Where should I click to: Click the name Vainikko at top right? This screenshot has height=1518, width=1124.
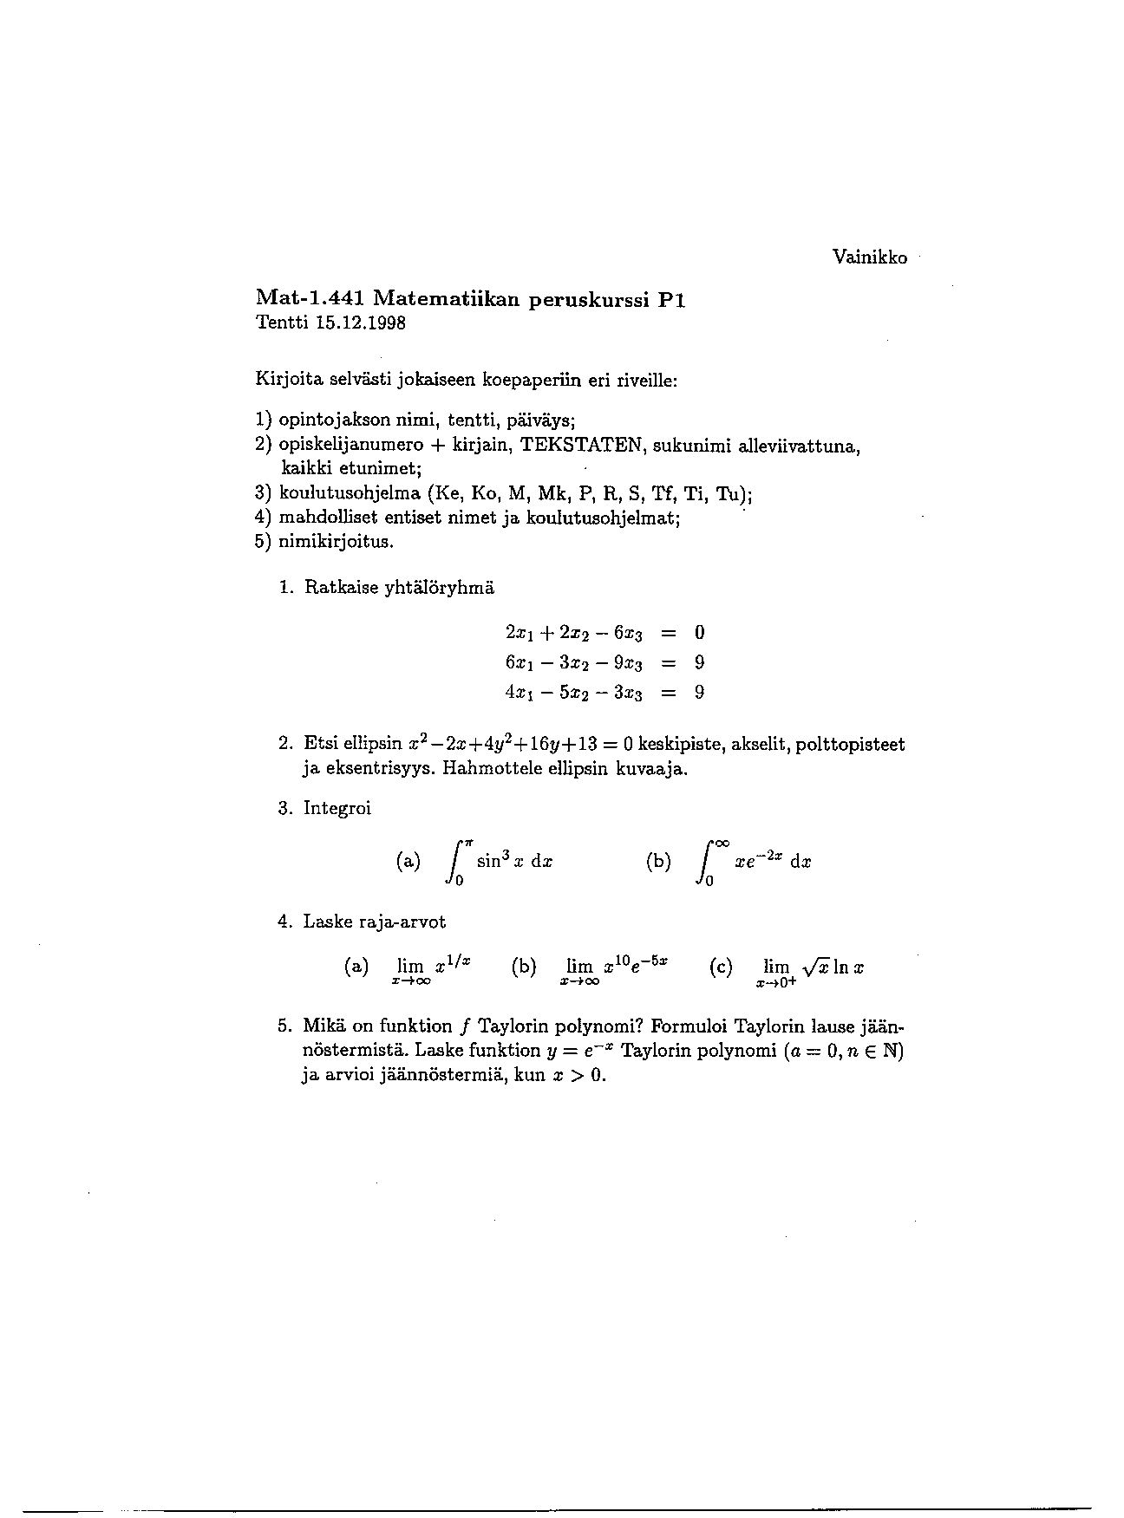pos(869,257)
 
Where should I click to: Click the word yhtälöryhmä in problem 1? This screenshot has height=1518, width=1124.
pos(439,588)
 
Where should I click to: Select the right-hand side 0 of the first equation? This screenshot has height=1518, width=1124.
pos(699,633)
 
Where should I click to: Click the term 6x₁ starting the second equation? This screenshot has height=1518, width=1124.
pos(517,663)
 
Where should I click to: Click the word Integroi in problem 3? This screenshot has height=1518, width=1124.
pos(337,809)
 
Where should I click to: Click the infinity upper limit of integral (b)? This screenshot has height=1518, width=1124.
pos(720,842)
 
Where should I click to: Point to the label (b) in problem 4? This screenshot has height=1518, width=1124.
pos(524,967)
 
